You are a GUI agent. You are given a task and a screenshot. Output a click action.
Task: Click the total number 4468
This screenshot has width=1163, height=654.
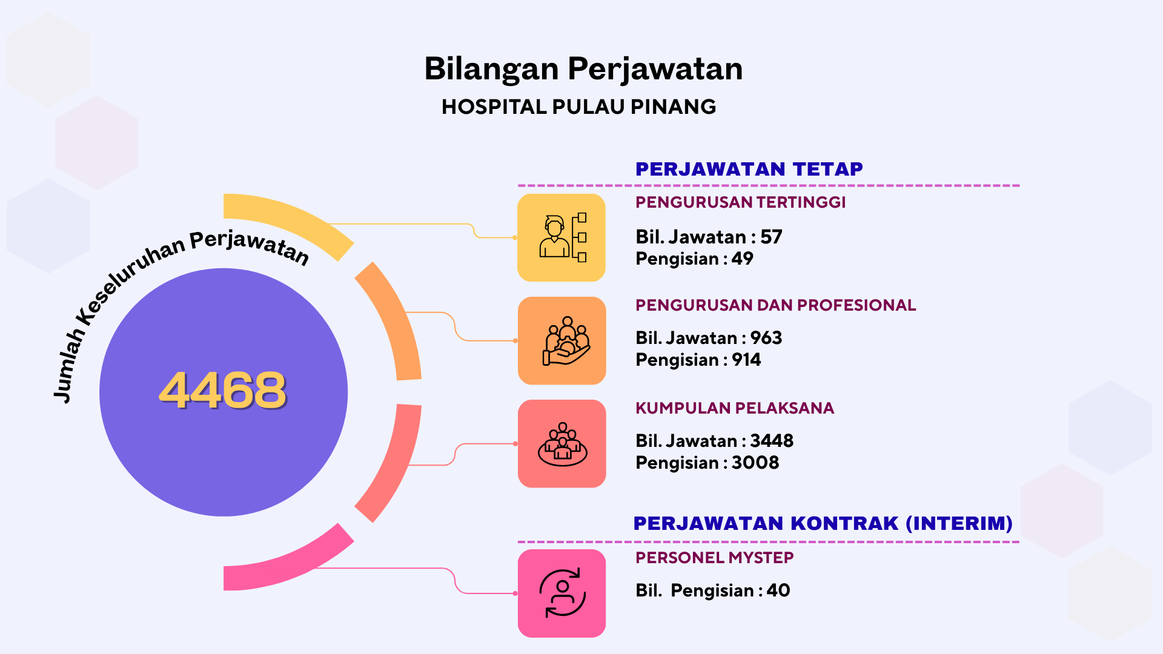pos(223,391)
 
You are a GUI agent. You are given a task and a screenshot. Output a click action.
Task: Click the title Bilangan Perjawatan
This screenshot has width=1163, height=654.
pos(583,68)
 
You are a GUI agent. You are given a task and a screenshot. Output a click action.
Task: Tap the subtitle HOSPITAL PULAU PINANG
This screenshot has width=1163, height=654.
pos(578,107)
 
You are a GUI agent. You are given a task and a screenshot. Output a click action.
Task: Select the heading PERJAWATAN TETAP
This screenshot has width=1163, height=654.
pos(749,169)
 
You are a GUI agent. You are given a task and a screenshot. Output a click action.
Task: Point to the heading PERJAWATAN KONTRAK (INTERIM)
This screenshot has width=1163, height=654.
pos(823,523)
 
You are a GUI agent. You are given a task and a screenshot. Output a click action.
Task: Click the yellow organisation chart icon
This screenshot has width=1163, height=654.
pos(562,237)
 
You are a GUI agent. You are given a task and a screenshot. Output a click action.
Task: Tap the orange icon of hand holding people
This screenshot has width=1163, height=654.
pos(562,340)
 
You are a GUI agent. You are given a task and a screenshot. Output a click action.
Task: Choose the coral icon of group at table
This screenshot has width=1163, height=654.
pos(562,443)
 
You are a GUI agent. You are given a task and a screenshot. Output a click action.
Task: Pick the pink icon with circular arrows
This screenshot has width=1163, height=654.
pos(562,593)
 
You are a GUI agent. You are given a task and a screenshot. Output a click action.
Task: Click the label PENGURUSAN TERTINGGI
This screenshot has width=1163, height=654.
pos(740,202)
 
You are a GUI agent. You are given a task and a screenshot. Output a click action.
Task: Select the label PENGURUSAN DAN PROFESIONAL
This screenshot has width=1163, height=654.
pos(775,305)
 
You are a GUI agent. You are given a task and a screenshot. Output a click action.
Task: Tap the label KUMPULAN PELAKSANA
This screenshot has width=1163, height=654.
pos(734,408)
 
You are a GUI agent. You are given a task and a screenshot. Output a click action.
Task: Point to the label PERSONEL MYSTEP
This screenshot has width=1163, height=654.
pos(714,558)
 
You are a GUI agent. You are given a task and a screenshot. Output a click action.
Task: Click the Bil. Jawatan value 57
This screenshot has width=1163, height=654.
pos(771,237)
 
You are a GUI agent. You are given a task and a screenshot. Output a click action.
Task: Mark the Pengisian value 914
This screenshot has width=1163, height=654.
pos(746,360)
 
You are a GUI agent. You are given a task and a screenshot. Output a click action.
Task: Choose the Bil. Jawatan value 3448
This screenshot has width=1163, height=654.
pos(772,441)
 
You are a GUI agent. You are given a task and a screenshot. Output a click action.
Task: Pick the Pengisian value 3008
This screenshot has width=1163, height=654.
pos(755,463)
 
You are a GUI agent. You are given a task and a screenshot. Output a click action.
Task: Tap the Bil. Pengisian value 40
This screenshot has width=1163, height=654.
pos(778,590)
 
